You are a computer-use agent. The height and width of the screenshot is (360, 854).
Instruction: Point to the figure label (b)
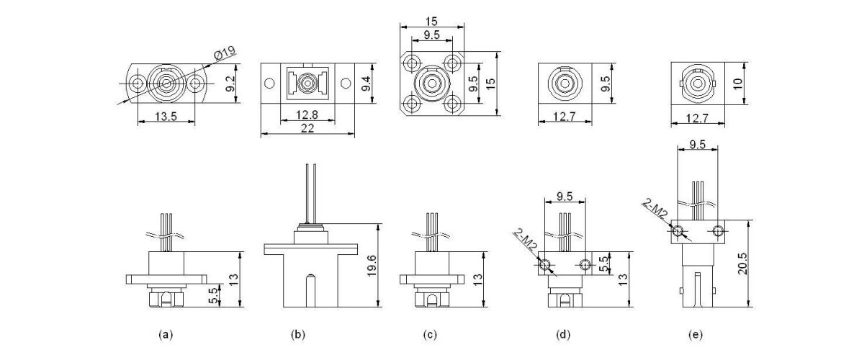point(297,335)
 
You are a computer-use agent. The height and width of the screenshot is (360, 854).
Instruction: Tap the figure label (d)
point(564,335)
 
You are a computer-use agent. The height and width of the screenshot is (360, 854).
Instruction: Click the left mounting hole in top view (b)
point(269,84)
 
